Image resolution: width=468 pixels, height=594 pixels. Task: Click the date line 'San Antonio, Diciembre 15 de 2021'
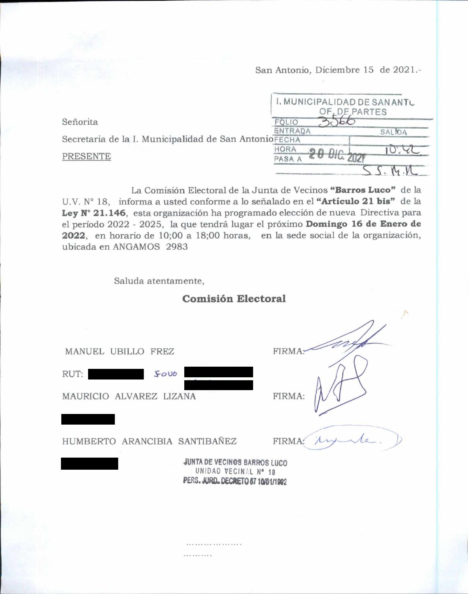pos(338,70)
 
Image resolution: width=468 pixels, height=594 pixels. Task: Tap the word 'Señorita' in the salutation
pos(80,122)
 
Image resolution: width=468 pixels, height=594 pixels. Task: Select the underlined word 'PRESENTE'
pos(86,156)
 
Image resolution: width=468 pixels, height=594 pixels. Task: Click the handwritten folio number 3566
pos(337,121)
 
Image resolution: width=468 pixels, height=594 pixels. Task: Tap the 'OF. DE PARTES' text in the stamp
pos(353,112)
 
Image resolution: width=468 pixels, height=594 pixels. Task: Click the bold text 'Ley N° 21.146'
pos(94,213)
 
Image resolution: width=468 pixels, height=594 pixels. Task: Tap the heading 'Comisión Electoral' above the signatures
pos(234,299)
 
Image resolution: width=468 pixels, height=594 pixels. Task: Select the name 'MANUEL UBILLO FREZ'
pos(119,351)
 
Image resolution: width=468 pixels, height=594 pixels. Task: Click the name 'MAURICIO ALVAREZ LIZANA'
pos(129,396)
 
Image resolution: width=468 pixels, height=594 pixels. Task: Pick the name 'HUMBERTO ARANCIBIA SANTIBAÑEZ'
pos(149,441)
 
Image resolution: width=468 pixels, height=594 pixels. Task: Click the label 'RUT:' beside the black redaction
pos(72,374)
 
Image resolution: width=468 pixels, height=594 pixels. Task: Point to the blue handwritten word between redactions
pos(166,374)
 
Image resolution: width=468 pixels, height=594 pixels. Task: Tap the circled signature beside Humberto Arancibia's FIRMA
pos(352,440)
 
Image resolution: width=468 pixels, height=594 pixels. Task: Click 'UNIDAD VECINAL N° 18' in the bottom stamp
pos(235,472)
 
